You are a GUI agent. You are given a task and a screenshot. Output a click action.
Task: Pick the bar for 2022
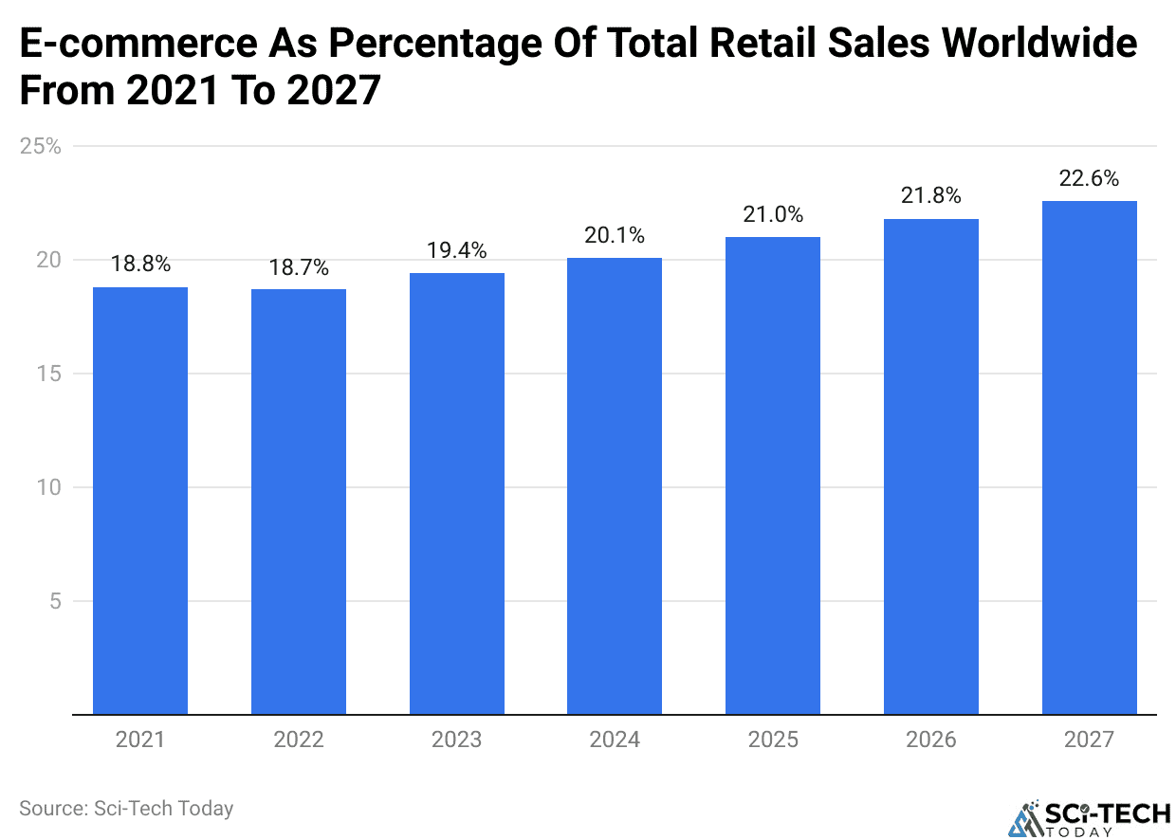pos(299,502)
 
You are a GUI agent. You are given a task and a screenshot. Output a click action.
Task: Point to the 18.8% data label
pos(140,265)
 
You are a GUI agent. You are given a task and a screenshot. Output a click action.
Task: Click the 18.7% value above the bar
pos(299,267)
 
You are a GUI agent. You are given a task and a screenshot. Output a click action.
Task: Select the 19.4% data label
pos(456,250)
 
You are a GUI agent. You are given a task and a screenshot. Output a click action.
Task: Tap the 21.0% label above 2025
pos(773,214)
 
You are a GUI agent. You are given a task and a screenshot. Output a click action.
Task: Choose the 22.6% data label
pos(1089,178)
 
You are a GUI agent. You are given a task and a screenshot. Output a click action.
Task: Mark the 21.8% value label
pos(930,196)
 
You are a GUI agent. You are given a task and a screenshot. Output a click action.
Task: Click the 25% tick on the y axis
pos(40,147)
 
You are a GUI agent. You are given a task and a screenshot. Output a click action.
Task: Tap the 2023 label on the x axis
pos(456,740)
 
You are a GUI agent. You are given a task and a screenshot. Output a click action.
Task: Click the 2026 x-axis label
pos(930,740)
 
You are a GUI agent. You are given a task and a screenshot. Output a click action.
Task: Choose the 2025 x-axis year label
pos(773,740)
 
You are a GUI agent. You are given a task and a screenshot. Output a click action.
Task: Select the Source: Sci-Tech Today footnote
pos(126,809)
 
